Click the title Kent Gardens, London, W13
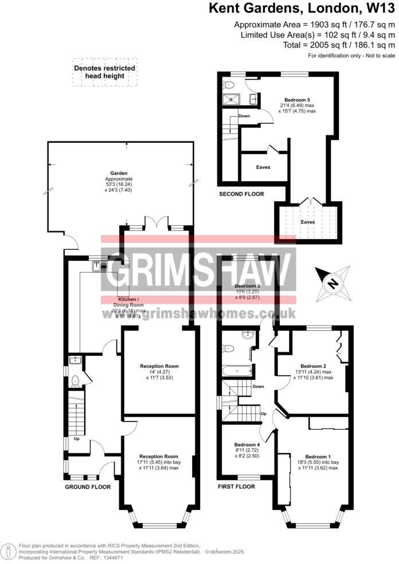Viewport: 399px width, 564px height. pos(302,9)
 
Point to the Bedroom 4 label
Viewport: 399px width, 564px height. pos(247,445)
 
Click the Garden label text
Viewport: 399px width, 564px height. pos(119,173)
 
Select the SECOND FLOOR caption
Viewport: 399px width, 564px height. pos(241,194)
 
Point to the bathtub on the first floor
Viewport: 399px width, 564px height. pos(237,371)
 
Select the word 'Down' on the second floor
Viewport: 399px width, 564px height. pos(244,116)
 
